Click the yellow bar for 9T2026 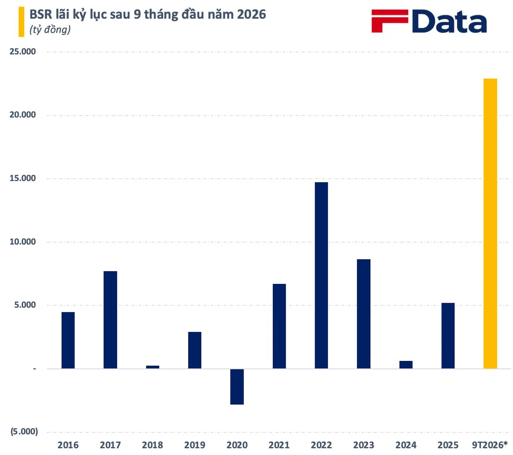490,223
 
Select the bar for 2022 321,275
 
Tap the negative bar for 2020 237,387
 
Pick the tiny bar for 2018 153,366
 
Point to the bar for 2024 406,364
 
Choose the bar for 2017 110,319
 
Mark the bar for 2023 363,313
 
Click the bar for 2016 68,340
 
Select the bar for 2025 448,335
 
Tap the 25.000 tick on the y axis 23,51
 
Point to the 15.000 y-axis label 23,178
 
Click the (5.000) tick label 24,431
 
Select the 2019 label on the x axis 195,445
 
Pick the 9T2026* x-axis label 489,445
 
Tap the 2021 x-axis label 279,445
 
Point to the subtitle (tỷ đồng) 50,30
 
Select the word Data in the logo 449,21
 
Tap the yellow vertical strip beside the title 21,21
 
